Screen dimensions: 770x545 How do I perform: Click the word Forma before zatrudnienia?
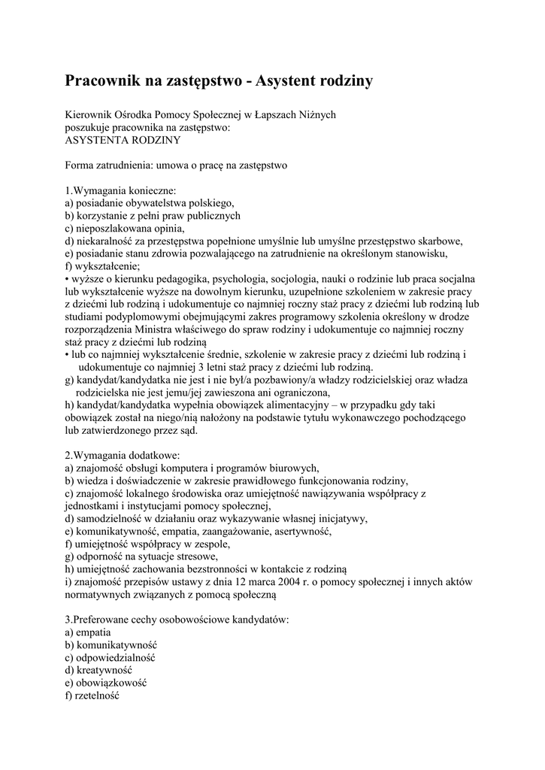coord(80,165)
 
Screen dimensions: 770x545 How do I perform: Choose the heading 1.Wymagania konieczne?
coord(120,190)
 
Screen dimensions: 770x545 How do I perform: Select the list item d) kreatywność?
coord(98,670)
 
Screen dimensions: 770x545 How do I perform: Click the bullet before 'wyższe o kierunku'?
coord(67,278)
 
